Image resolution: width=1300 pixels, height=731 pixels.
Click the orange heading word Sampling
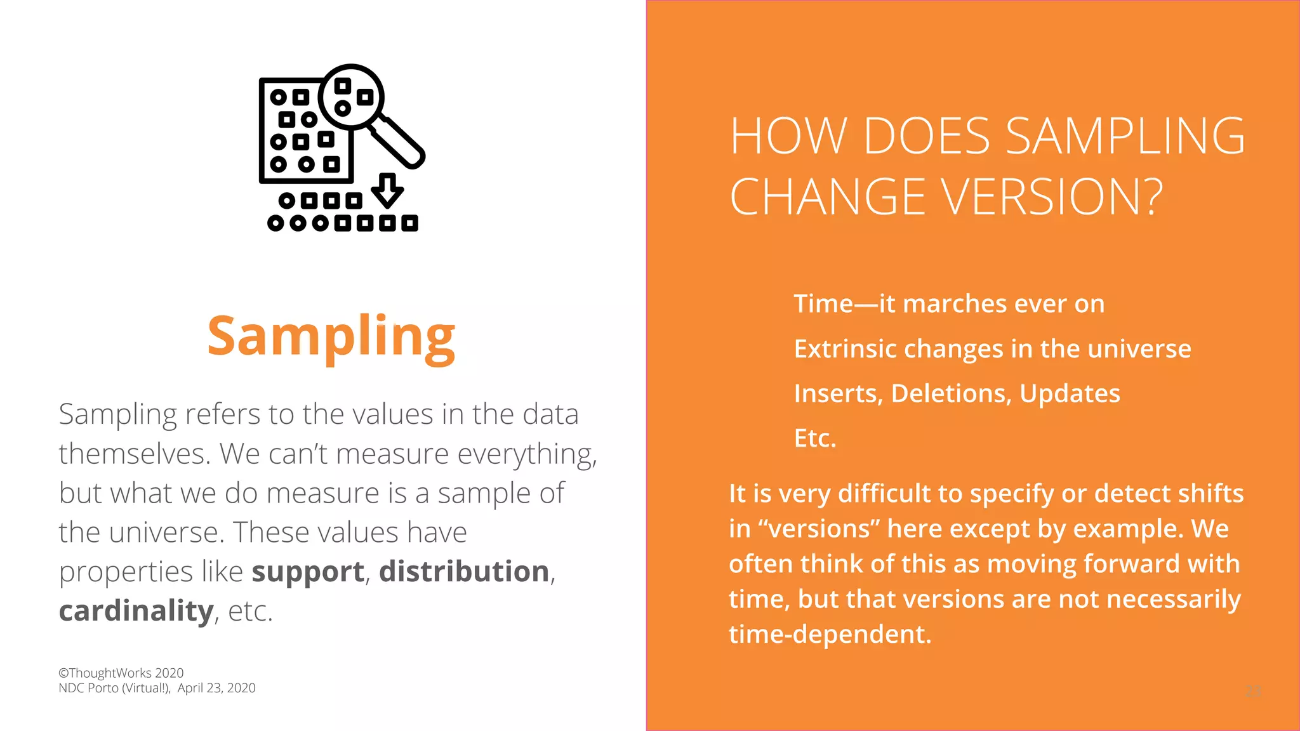pos(331,336)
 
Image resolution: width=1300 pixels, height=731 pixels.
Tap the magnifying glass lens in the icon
pos(351,96)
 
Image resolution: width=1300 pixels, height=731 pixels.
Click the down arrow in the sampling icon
pos(387,190)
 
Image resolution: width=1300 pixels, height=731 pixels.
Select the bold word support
pos(308,572)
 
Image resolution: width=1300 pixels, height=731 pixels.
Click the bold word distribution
pos(464,572)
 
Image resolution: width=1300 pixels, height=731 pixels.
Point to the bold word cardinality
pos(136,611)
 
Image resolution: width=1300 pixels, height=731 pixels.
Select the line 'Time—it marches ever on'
pos(949,304)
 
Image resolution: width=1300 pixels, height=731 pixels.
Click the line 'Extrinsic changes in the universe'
pos(992,349)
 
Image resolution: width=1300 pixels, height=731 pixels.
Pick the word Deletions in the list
pos(950,393)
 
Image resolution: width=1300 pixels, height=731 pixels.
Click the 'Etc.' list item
pos(815,438)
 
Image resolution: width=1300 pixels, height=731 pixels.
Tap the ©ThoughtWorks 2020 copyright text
pos(121,673)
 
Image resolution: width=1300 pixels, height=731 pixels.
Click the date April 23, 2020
pos(216,688)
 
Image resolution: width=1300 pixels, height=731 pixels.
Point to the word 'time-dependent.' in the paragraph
pos(830,635)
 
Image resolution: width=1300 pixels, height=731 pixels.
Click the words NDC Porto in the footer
pos(88,688)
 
